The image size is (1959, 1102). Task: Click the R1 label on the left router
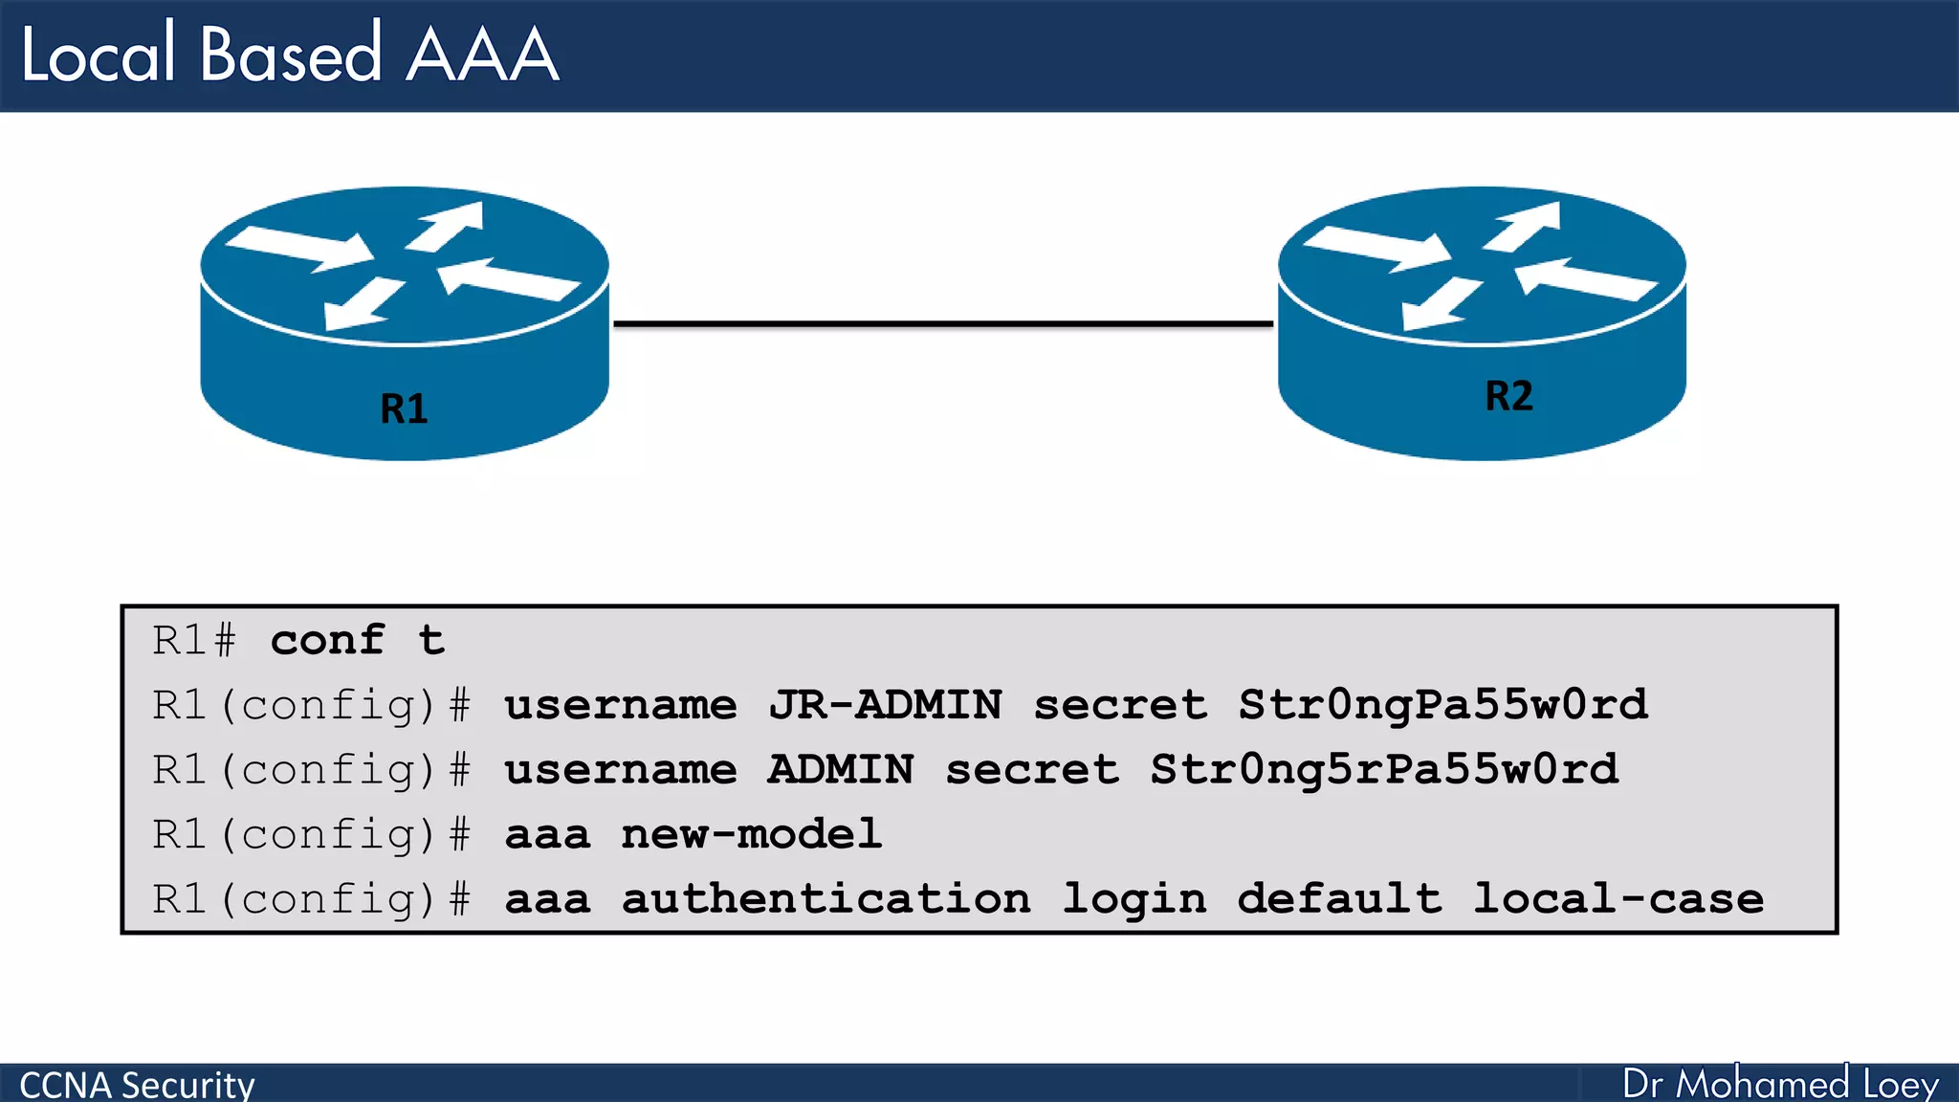pyautogui.click(x=404, y=408)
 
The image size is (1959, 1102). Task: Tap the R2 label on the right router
pyautogui.click(x=1508, y=395)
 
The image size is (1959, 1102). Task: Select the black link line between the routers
pyautogui.click(x=943, y=324)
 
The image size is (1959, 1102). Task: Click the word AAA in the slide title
pyautogui.click(x=482, y=55)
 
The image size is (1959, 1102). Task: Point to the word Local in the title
pyautogui.click(x=99, y=55)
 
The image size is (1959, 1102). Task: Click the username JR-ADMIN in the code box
pyautogui.click(x=886, y=705)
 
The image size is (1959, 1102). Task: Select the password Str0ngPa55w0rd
pyautogui.click(x=1442, y=705)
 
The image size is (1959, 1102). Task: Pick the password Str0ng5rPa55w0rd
pyautogui.click(x=1384, y=770)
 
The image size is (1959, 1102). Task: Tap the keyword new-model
pyautogui.click(x=751, y=834)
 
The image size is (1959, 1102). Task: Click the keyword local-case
pyautogui.click(x=1618, y=899)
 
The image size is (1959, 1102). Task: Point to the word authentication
pyautogui.click(x=826, y=899)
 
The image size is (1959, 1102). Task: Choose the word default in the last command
pyautogui.click(x=1339, y=899)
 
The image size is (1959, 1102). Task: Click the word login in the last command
pyautogui.click(x=1134, y=899)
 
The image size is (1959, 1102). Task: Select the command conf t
pyautogui.click(x=358, y=640)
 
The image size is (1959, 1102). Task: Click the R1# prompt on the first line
pyautogui.click(x=194, y=640)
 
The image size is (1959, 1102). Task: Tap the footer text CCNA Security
pyautogui.click(x=137, y=1085)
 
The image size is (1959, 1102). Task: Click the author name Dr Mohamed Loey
pyautogui.click(x=1780, y=1084)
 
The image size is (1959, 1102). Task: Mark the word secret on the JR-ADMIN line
pyautogui.click(x=1120, y=705)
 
